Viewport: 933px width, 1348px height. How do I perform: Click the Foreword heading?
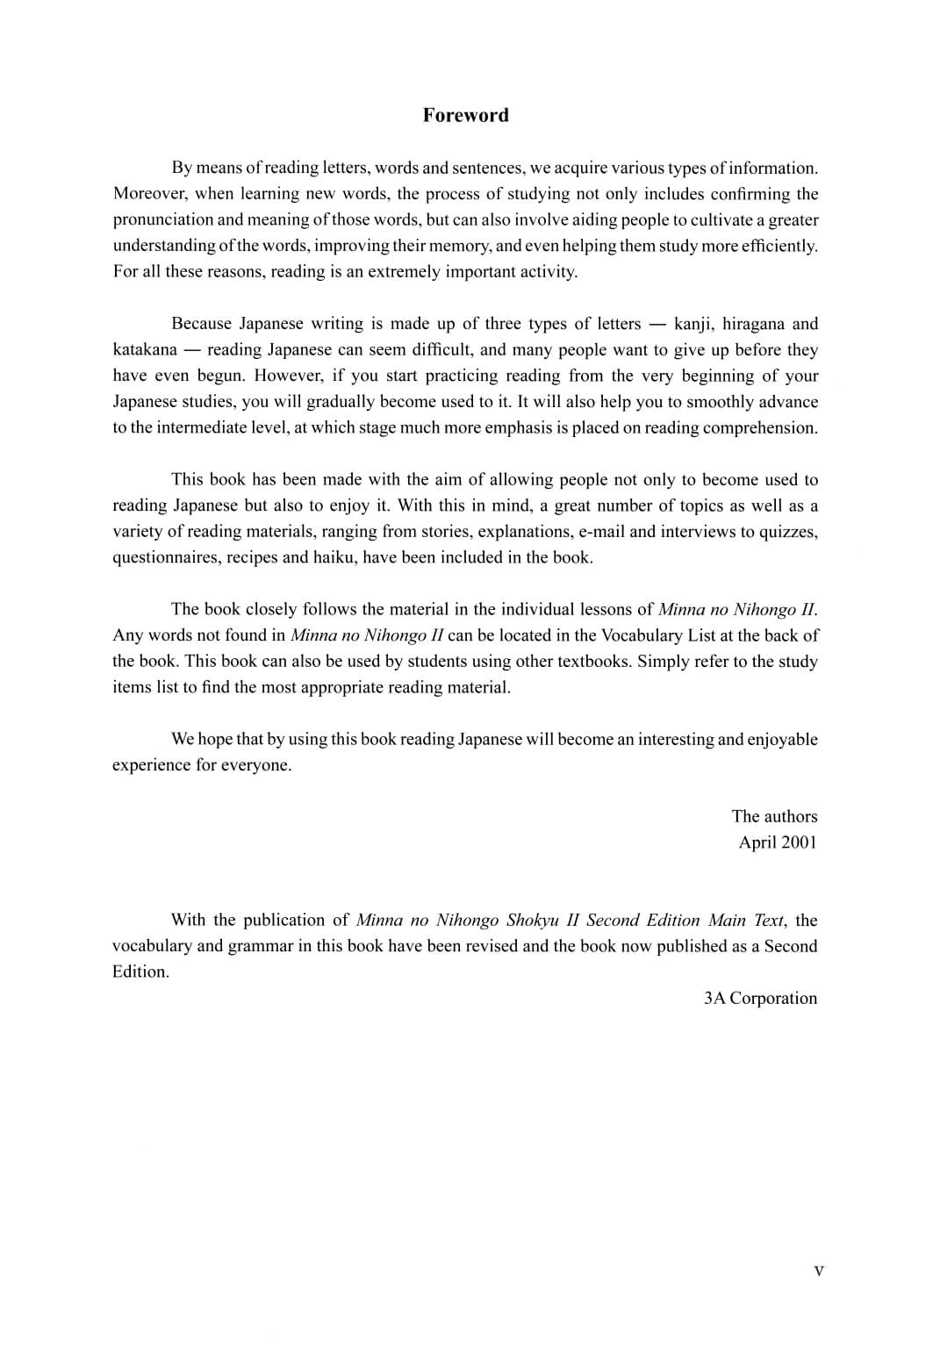pos(465,115)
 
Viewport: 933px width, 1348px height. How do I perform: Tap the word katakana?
pos(144,350)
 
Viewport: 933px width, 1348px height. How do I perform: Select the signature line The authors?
pos(774,816)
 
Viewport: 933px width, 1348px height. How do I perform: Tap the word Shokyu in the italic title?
pos(532,921)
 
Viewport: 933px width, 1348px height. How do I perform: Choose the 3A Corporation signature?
pos(760,998)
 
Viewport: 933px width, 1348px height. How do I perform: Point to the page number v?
pos(819,1270)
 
